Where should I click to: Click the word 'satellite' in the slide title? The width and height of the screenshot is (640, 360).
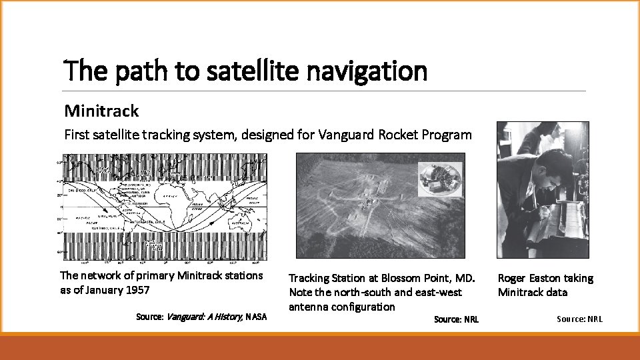(247, 71)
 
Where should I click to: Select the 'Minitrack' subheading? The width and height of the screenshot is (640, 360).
(101, 110)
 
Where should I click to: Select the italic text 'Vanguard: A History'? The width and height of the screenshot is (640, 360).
(204, 317)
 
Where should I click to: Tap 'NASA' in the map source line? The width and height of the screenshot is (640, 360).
(256, 317)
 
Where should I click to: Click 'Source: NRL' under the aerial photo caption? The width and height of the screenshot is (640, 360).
(456, 319)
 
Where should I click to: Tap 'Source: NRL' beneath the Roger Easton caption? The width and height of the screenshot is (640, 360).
(579, 319)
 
